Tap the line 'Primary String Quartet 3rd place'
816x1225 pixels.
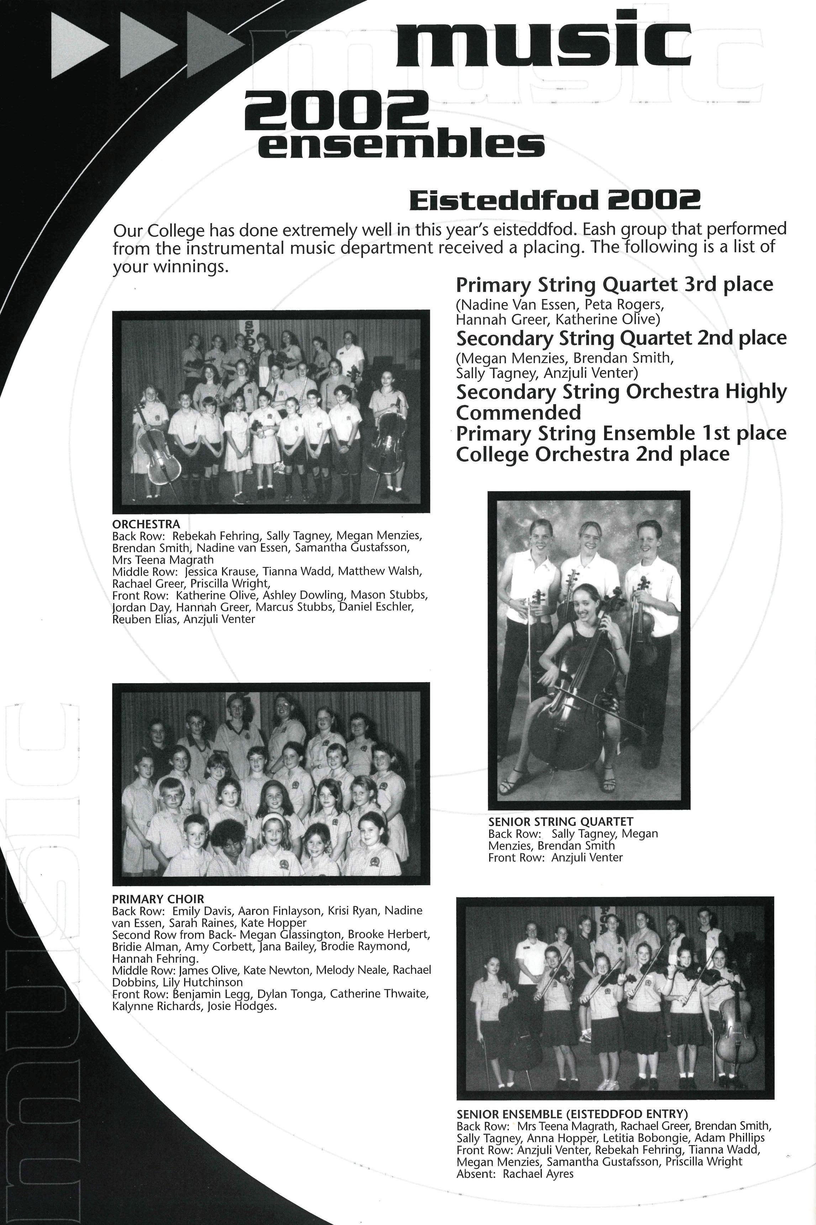tap(614, 285)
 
